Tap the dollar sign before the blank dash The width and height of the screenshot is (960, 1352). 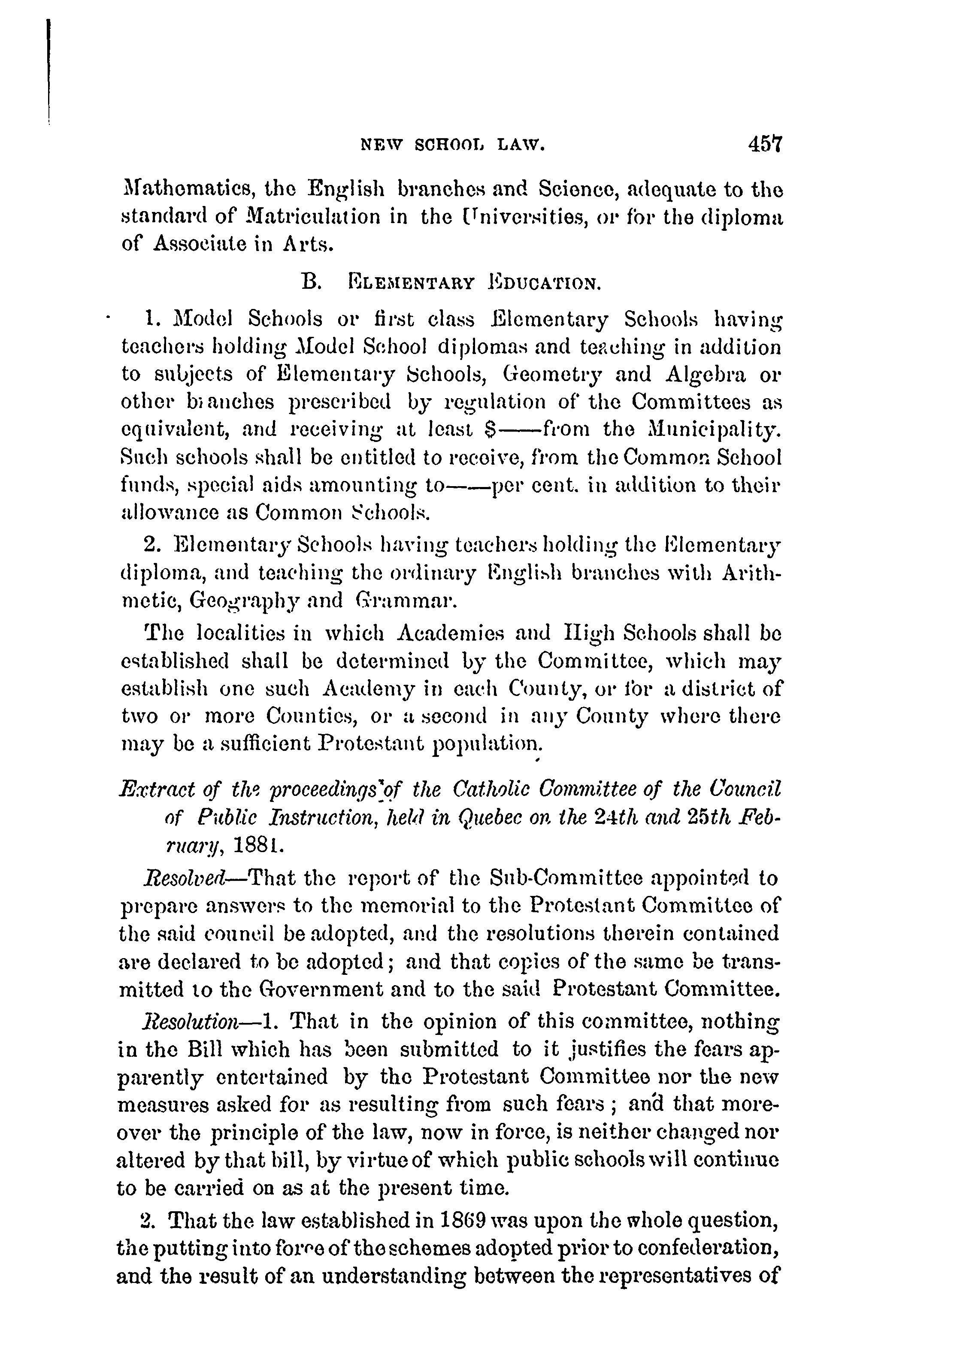pyautogui.click(x=489, y=430)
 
